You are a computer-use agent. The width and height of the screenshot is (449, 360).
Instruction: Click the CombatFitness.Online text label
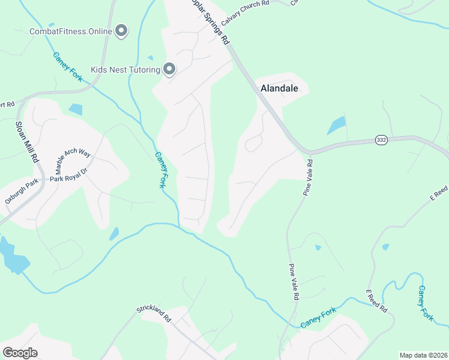tap(70, 31)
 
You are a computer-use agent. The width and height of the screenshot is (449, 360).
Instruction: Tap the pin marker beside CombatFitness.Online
tap(122, 30)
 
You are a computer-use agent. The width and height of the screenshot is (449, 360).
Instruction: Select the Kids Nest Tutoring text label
tap(125, 70)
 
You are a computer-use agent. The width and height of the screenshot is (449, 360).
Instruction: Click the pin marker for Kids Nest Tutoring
tap(169, 70)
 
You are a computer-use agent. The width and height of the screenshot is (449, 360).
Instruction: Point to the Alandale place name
tap(279, 88)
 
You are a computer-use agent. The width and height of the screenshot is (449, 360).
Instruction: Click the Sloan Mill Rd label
tap(26, 142)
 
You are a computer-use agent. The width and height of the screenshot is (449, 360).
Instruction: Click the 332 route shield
tap(381, 139)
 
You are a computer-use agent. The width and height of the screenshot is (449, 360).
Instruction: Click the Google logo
tap(20, 353)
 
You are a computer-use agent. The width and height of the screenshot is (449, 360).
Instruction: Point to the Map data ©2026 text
tap(423, 355)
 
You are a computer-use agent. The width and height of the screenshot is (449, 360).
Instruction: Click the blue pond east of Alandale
tap(336, 125)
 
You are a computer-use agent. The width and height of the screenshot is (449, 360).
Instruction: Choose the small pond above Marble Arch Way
tap(76, 109)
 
